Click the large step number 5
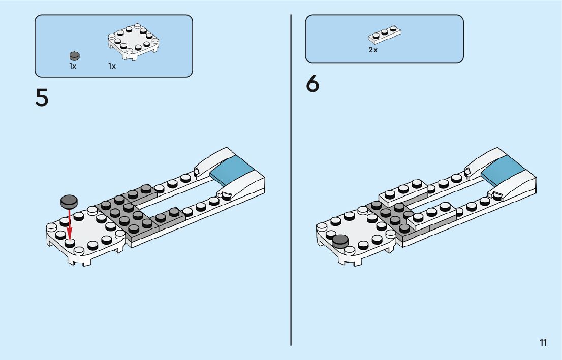(x=42, y=97)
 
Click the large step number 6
(x=313, y=84)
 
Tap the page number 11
(x=543, y=342)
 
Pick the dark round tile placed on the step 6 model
(x=340, y=241)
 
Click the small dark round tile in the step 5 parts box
(x=74, y=56)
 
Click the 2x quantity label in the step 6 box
(x=373, y=50)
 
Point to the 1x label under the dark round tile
(x=73, y=66)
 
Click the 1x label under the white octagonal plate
(x=112, y=66)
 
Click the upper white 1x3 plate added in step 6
(x=404, y=193)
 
